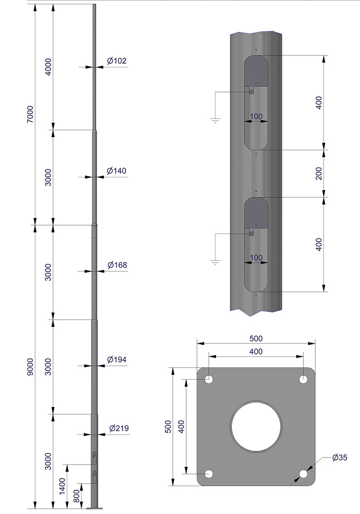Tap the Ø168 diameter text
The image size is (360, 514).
[x=117, y=265]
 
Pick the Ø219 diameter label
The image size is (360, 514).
[x=118, y=428]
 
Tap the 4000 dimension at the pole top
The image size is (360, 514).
[x=48, y=67]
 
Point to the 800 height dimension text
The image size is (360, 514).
[x=77, y=496]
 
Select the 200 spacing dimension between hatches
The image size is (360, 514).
[x=319, y=174]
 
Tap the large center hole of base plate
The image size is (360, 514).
[x=256, y=426]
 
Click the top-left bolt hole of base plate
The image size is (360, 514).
[x=209, y=379]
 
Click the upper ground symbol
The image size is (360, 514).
[x=214, y=121]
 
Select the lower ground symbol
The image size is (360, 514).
[x=214, y=263]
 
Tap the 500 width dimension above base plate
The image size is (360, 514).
[x=256, y=338]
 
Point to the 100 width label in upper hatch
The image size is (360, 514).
[x=256, y=117]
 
